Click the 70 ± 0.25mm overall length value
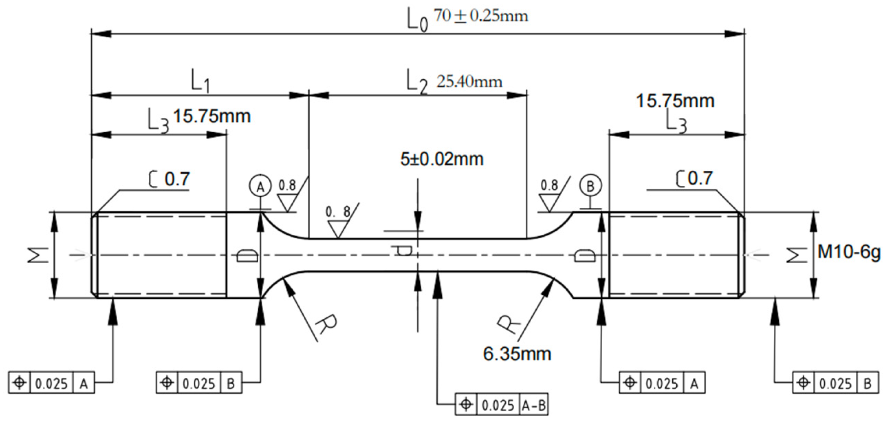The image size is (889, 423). click(x=480, y=16)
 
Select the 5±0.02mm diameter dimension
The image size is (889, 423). click(x=442, y=159)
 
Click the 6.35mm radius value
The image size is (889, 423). click(x=517, y=354)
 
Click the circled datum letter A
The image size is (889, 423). click(x=260, y=187)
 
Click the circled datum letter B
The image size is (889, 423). click(x=590, y=186)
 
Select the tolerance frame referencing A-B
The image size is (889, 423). click(x=501, y=405)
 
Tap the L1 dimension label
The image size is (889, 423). click(x=200, y=81)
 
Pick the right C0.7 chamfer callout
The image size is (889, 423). click(x=694, y=178)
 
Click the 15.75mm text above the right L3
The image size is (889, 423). click(x=675, y=101)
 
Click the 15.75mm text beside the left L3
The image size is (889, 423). click(x=212, y=116)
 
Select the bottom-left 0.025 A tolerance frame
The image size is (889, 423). click(x=52, y=383)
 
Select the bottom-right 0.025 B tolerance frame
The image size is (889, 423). click(x=835, y=383)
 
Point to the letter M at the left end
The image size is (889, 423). click(x=38, y=255)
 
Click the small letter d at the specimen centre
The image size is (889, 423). click(x=402, y=250)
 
